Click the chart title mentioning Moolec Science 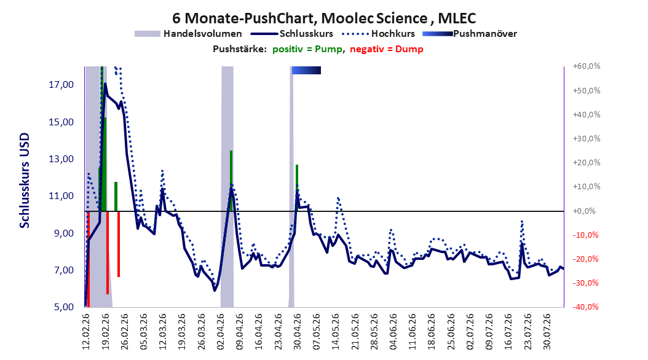[x=324, y=18]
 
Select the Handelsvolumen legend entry [x=188, y=34]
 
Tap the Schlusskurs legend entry [x=291, y=34]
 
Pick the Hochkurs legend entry [x=377, y=34]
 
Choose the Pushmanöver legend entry [x=470, y=34]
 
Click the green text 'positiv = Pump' [x=307, y=49]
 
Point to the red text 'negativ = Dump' [x=387, y=49]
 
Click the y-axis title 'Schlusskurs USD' [x=25, y=180]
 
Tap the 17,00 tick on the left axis [x=61, y=85]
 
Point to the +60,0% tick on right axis [x=587, y=66]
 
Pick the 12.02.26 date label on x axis [x=86, y=332]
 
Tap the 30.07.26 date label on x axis [x=547, y=332]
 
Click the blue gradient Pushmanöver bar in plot [x=306, y=70]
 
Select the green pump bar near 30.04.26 [x=297, y=188]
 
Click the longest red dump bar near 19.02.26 [x=108, y=252]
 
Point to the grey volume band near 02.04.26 [x=227, y=187]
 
